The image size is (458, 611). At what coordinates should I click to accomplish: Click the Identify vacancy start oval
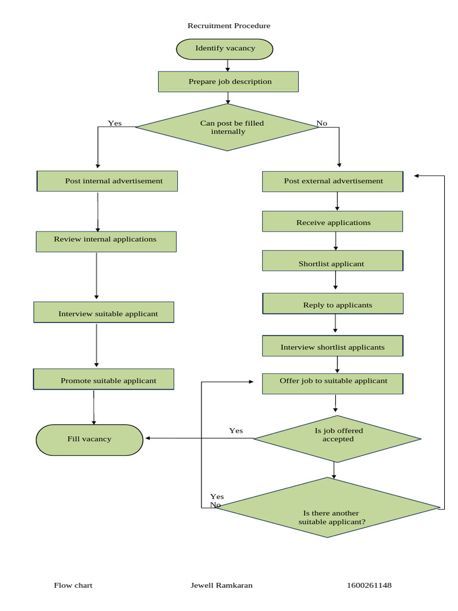click(225, 49)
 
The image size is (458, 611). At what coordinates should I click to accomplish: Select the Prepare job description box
click(228, 82)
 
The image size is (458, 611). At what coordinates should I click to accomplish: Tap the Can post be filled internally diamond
click(228, 127)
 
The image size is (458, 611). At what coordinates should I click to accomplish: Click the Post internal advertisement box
click(107, 181)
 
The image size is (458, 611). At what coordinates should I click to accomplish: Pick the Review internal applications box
click(106, 241)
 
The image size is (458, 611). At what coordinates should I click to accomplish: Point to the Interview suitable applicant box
click(104, 313)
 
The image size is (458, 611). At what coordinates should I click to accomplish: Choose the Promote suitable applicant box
click(104, 379)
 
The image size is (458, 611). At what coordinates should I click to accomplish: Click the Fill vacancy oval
click(89, 440)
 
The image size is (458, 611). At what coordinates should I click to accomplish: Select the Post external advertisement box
click(333, 181)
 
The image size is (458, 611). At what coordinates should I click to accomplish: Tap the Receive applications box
click(333, 222)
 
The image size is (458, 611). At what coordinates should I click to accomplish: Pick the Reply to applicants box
click(333, 304)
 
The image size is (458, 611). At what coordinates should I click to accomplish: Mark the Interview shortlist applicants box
click(333, 346)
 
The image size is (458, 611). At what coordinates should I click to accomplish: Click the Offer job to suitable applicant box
click(333, 383)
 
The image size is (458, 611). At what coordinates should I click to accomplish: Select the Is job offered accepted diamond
click(338, 439)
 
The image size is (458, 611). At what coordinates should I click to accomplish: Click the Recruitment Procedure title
click(229, 26)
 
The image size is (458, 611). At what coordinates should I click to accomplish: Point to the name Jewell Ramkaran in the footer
click(221, 585)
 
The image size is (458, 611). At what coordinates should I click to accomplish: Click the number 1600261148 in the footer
click(369, 585)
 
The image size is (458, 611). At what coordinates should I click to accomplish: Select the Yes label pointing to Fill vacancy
click(236, 431)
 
